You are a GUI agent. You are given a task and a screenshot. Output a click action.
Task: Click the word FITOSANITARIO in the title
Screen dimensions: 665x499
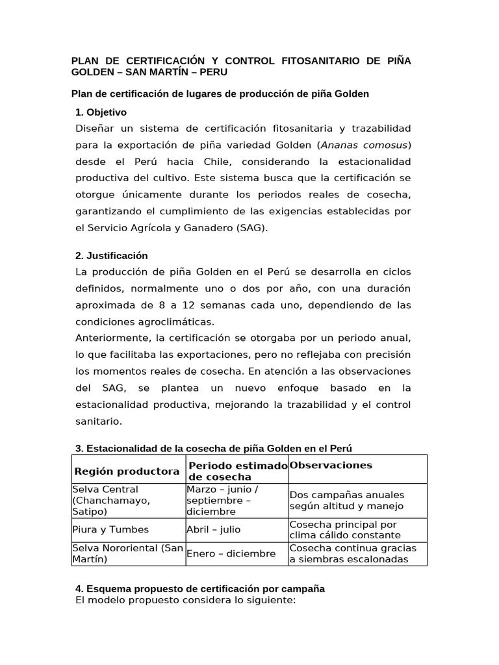(311, 61)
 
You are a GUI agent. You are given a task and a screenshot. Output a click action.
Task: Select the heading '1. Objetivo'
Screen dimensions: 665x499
(101, 112)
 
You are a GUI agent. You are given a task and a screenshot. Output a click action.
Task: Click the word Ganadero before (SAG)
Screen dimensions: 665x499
(199, 228)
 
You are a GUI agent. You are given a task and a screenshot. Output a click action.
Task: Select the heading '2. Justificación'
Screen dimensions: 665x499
(112, 256)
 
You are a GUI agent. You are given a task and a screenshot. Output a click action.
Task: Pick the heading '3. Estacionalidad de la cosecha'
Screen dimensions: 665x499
(214, 449)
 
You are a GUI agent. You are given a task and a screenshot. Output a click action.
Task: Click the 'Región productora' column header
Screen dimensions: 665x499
(127, 471)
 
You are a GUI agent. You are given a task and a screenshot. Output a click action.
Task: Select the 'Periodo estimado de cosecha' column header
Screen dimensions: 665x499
(237, 471)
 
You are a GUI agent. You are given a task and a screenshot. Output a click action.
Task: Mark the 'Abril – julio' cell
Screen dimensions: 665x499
(213, 529)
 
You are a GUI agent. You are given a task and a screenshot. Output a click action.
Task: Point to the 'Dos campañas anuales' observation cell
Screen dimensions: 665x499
(347, 500)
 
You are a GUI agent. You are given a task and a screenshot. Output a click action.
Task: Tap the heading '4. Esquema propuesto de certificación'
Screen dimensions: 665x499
(200, 588)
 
